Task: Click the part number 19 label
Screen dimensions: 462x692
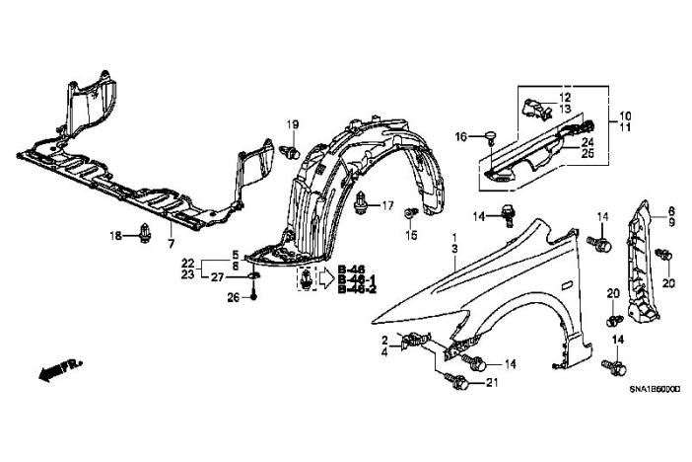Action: [x=293, y=123]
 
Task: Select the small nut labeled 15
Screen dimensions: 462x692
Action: [x=413, y=214]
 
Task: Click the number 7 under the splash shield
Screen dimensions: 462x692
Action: [x=170, y=243]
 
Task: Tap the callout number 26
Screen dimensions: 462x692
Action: [x=233, y=298]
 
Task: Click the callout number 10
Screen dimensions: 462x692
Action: [x=625, y=115]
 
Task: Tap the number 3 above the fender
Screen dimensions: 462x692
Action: [x=454, y=253]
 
